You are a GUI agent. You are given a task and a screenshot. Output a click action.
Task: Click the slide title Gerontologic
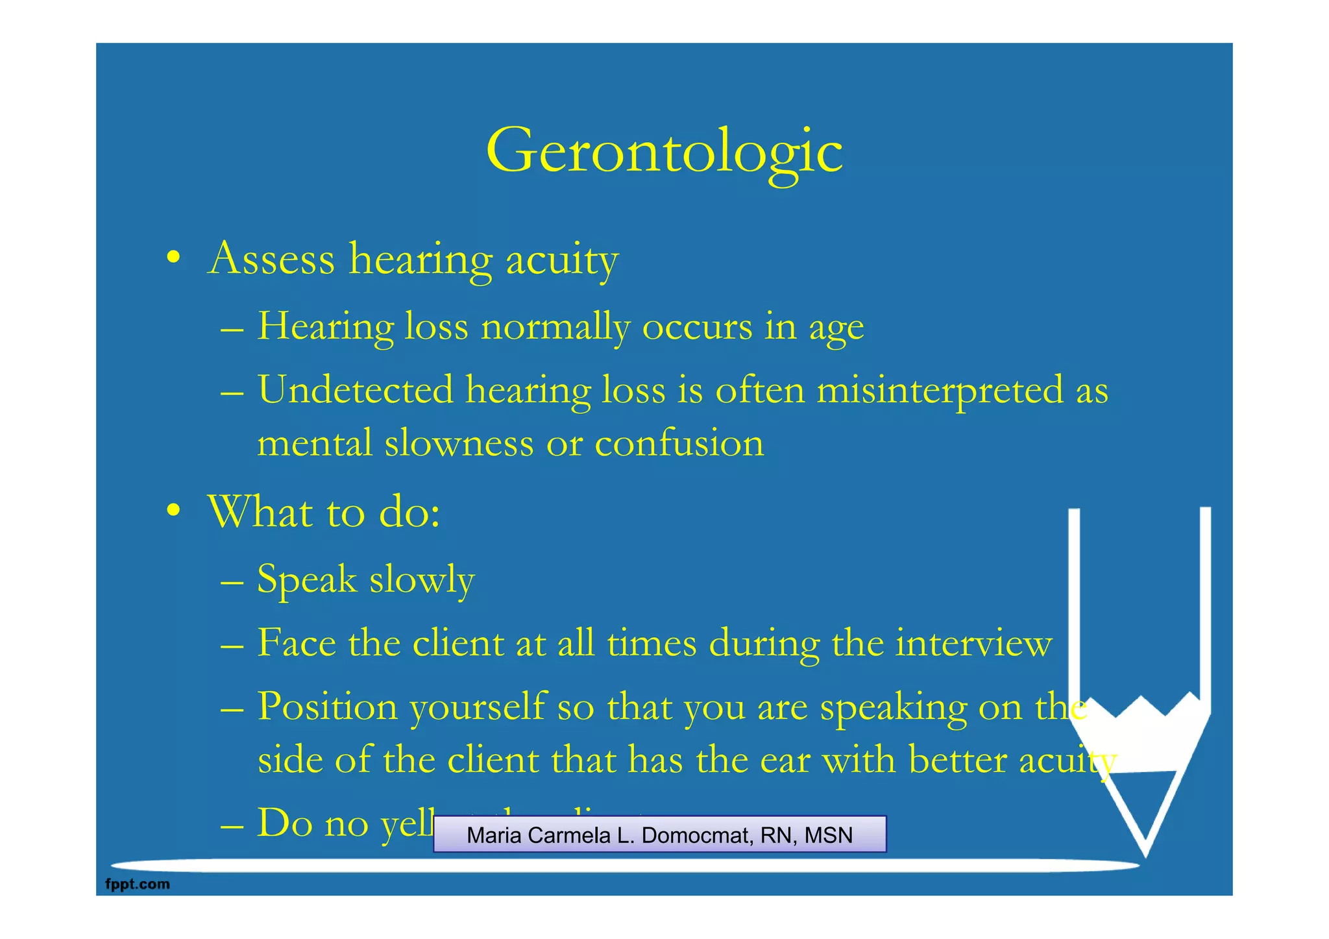664,151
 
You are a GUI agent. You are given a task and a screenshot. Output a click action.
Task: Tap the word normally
555,326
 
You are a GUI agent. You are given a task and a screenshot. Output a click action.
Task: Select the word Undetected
355,390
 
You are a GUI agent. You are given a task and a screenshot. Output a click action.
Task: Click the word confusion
679,443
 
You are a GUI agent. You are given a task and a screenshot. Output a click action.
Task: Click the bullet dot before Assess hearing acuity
173,258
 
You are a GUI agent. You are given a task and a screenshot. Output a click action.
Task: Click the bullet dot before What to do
173,511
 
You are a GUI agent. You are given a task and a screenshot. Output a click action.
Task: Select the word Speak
307,579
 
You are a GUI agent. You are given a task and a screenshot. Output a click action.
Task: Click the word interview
973,643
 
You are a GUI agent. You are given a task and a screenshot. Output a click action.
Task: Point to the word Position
327,707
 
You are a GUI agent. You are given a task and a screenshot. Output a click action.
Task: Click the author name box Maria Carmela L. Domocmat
659,835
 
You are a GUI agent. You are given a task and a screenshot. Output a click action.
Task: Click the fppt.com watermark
138,884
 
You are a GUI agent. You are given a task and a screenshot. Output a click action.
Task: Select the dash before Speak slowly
232,581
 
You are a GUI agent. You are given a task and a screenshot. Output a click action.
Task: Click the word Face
297,643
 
